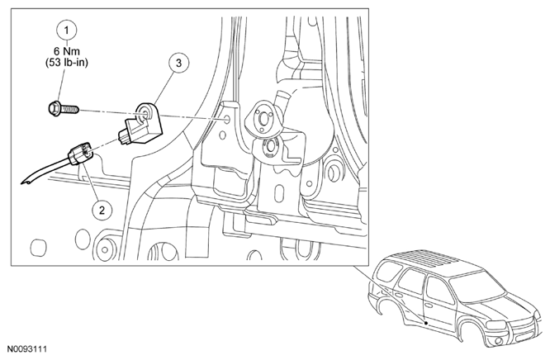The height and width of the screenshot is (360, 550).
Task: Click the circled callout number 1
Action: click(67, 31)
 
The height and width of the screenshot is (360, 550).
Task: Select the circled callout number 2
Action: click(102, 211)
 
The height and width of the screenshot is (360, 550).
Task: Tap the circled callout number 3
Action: click(179, 63)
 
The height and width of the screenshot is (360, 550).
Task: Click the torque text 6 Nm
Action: click(67, 51)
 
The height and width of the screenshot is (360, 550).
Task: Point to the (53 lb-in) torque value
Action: click(67, 63)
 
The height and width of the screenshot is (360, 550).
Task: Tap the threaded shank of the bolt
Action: click(70, 111)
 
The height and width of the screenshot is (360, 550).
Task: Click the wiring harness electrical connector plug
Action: click(80, 154)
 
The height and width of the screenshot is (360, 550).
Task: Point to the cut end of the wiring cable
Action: click(26, 182)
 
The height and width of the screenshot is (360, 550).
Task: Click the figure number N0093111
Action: click(27, 348)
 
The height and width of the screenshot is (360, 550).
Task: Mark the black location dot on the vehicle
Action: click(426, 322)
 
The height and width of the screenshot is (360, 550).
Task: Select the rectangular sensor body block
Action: click(138, 132)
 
